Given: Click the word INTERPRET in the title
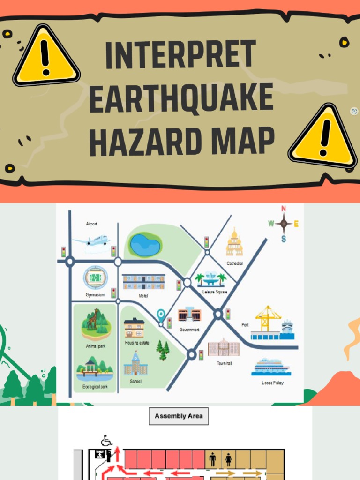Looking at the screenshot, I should (x=180, y=55).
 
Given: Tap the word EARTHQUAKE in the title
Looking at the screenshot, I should (x=181, y=98).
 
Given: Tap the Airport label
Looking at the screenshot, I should (x=92, y=224).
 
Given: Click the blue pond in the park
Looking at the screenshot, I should (x=144, y=245).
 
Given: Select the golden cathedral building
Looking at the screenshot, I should (x=234, y=244).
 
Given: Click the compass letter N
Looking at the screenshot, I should (x=283, y=209).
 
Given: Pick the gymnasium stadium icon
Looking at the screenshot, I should (x=96, y=277).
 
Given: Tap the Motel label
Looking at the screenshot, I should (x=143, y=296).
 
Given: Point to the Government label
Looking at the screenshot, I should (x=189, y=330).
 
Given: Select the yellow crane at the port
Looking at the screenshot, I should (x=266, y=318).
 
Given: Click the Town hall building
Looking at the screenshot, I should (x=224, y=348).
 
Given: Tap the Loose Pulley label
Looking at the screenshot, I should (x=272, y=382).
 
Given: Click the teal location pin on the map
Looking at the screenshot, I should (x=161, y=314).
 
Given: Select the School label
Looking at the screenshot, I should (x=135, y=382).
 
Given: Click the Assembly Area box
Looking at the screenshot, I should (x=179, y=416).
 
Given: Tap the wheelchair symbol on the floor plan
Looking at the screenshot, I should (x=106, y=441).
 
